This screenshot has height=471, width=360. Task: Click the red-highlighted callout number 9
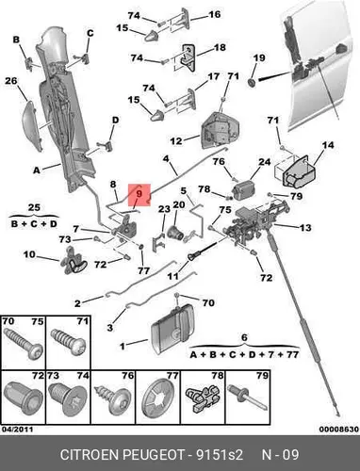point(139,193)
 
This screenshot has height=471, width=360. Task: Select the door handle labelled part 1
point(171,329)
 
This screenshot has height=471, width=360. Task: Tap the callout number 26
point(11,81)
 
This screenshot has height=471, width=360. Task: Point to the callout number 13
point(305,227)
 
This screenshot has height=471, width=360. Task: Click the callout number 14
point(328,145)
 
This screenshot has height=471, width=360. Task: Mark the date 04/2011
point(17,429)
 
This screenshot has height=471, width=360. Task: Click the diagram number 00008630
point(339,429)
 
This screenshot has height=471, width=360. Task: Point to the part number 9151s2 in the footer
point(220,455)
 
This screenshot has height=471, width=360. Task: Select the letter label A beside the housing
point(37,171)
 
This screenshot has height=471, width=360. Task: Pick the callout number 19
point(259,57)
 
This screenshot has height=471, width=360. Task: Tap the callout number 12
point(176,140)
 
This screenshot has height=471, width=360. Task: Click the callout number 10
point(30,254)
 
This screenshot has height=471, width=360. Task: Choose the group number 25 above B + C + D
point(34,207)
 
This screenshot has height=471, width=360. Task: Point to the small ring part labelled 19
point(252,83)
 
